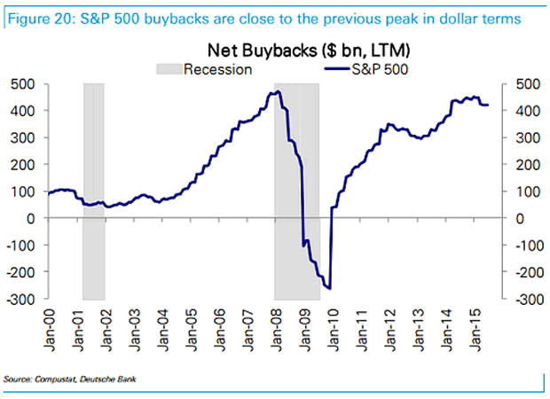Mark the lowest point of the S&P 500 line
coord(329,288)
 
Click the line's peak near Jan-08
coord(278,90)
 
